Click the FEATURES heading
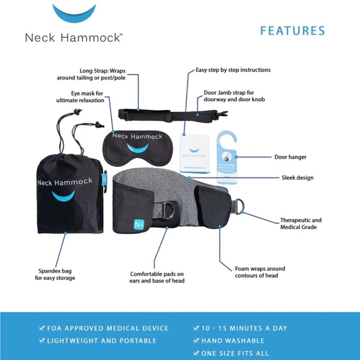pyautogui.click(x=292, y=30)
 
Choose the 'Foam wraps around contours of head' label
pyautogui.click(x=259, y=272)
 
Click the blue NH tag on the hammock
pyautogui.click(x=138, y=223)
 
